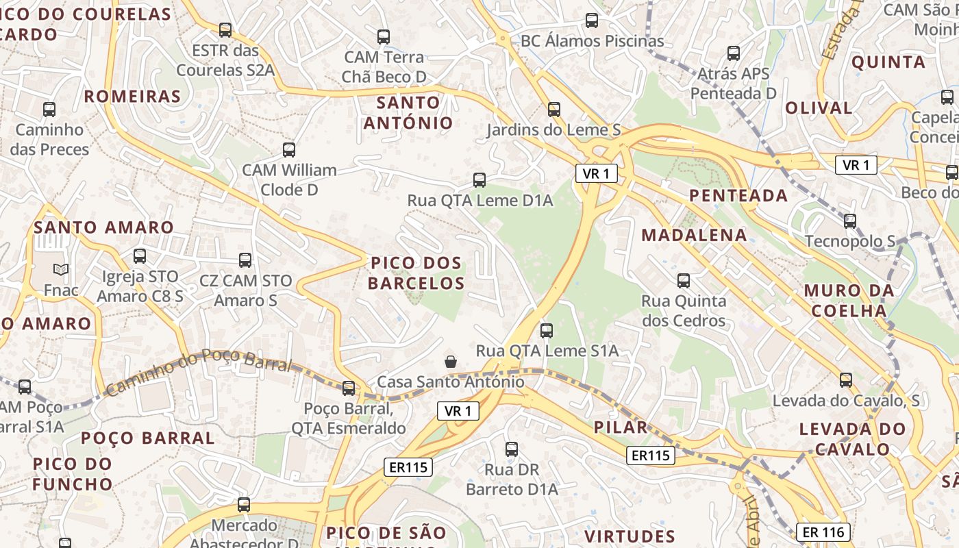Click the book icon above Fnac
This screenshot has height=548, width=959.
pyautogui.click(x=61, y=270)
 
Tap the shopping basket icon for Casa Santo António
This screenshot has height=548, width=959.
pyautogui.click(x=451, y=362)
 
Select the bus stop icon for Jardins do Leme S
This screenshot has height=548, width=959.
pyautogui.click(x=553, y=110)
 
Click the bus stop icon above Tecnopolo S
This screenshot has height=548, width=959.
pyautogui.click(x=850, y=221)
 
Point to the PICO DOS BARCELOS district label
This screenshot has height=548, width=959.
pyautogui.click(x=416, y=273)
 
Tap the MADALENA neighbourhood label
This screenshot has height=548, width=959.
pyautogui.click(x=694, y=236)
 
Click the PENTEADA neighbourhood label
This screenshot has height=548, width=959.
pyautogui.click(x=738, y=196)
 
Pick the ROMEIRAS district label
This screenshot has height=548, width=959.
pyautogui.click(x=132, y=97)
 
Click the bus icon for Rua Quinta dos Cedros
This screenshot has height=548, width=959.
pyautogui.click(x=683, y=281)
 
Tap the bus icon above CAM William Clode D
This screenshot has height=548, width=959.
pyautogui.click(x=289, y=150)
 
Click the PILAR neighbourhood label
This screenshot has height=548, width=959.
pyautogui.click(x=620, y=427)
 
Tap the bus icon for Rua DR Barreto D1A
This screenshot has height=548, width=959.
pyautogui.click(x=512, y=449)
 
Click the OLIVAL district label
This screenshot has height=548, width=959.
pyautogui.click(x=819, y=108)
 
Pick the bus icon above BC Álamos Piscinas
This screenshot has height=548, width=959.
pyautogui.click(x=592, y=21)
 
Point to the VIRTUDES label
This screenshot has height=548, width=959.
pyautogui.click(x=630, y=536)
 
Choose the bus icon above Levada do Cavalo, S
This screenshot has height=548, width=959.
pyautogui.click(x=846, y=380)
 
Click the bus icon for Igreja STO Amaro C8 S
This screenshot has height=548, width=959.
pyautogui.click(x=140, y=256)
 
